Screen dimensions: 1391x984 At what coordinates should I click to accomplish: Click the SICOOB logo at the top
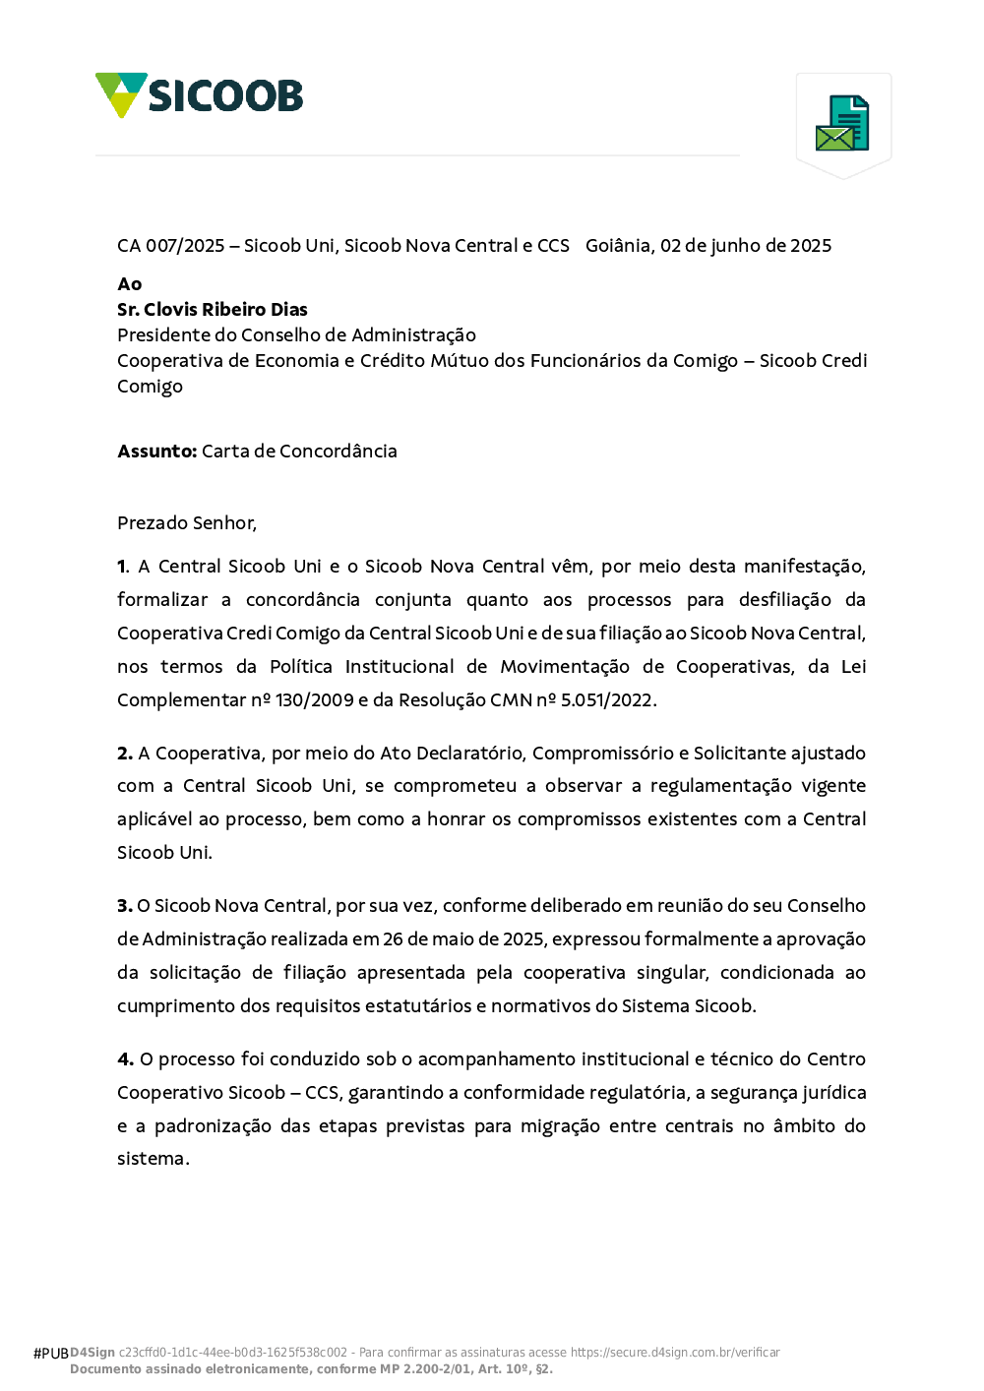coord(200,95)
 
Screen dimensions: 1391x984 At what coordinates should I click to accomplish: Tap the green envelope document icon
coord(842,123)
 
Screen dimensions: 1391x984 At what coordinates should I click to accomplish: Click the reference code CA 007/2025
coord(171,246)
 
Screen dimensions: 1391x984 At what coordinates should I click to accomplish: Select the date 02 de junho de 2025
coord(746,246)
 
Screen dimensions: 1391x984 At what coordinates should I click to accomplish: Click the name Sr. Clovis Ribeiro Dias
coord(213,310)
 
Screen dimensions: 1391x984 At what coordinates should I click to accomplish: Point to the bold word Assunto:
coord(157,452)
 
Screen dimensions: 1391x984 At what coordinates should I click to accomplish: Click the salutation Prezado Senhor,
coord(187,523)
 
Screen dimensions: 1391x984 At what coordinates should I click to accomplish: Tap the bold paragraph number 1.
coord(123,567)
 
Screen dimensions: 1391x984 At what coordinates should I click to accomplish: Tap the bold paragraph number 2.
coord(125,754)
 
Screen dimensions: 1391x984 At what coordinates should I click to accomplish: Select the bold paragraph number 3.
coord(125,906)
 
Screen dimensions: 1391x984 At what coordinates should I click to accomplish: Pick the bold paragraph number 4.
coord(125,1059)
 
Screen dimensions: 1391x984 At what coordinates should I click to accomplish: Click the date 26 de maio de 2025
coord(463,939)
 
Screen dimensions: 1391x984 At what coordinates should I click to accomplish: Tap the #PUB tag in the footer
coord(50,1354)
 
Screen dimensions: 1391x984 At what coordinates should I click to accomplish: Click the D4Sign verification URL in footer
coord(675,1353)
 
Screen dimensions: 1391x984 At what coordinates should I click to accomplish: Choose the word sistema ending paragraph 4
coord(151,1159)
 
